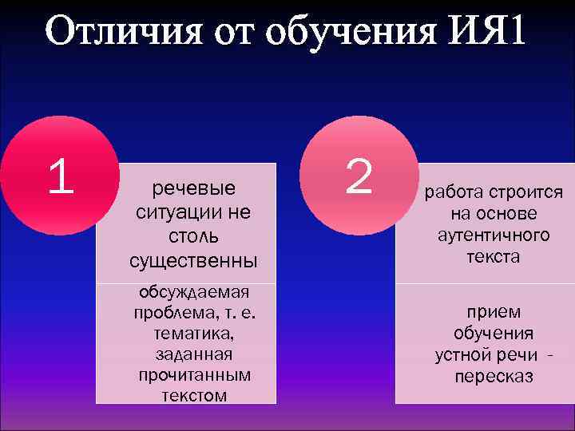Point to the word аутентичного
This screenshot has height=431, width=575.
point(494,235)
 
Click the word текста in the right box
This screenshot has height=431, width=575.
point(494,257)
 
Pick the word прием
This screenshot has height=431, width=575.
point(494,312)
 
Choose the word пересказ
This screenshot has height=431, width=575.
point(494,376)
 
